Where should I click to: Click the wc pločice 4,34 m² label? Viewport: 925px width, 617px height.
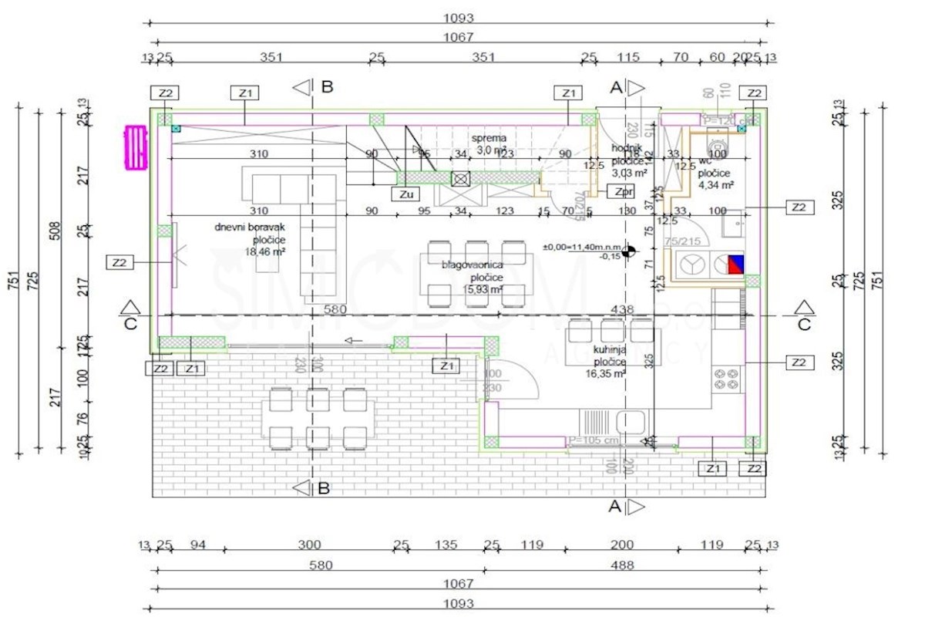715,174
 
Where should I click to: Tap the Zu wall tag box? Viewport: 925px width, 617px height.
406,194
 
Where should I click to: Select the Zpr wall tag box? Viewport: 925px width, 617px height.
621,190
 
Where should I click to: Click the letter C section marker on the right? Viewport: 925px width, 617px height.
804,325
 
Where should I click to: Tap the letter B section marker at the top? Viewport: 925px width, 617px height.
327,86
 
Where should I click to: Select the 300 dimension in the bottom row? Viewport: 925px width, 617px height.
310,545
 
